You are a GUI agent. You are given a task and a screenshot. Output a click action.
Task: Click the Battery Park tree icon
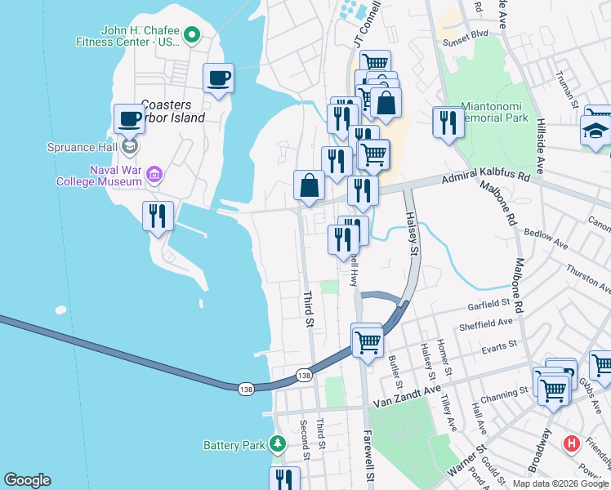click(278, 444)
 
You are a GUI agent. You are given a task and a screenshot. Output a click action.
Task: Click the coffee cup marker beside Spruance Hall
click(129, 119)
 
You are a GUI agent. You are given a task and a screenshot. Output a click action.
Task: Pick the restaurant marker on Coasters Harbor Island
click(158, 216)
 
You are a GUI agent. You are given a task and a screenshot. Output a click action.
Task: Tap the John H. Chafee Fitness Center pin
click(192, 34)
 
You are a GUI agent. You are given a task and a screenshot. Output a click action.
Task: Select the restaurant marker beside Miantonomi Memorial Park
click(448, 122)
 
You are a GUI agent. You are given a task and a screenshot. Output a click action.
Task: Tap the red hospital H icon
click(572, 444)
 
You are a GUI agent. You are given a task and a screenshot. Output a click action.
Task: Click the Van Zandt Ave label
click(407, 400)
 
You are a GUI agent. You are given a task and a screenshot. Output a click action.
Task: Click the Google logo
click(27, 480)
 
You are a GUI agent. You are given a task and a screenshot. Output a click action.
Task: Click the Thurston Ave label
click(586, 276)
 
